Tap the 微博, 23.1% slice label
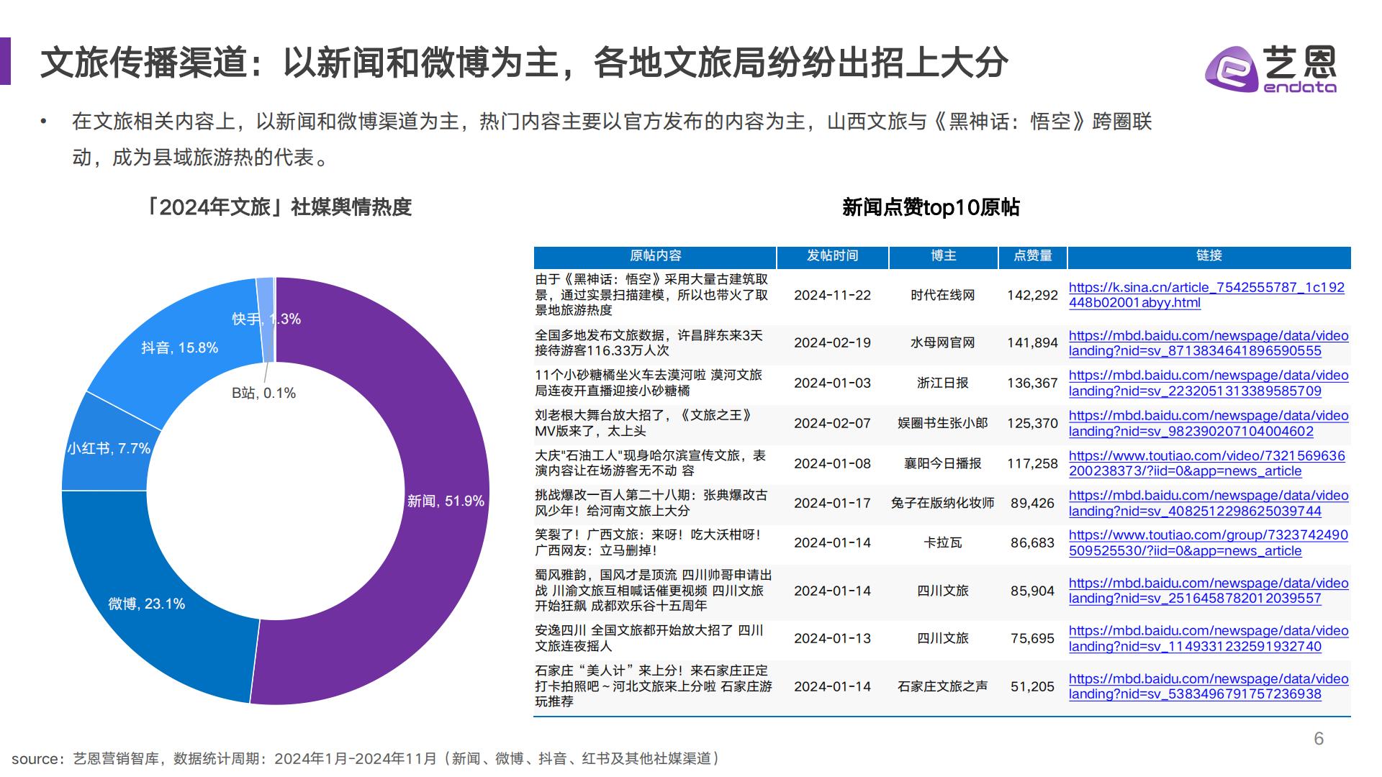[x=147, y=604]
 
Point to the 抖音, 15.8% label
[x=179, y=348]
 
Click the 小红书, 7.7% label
[x=109, y=449]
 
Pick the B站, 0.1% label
[x=263, y=394]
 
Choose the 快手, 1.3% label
[x=266, y=319]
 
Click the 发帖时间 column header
[x=832, y=256]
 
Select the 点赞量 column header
[x=1032, y=256]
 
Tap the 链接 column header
[x=1209, y=256]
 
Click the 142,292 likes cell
[x=1032, y=295]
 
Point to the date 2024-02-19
[x=832, y=343]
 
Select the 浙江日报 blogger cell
[x=942, y=383]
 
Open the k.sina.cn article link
[x=1206, y=295]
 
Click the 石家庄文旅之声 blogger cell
[x=942, y=687]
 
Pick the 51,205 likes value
[x=1032, y=687]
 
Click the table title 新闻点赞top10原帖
[x=931, y=208]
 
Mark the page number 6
[x=1319, y=739]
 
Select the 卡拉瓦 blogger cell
[x=942, y=543]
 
